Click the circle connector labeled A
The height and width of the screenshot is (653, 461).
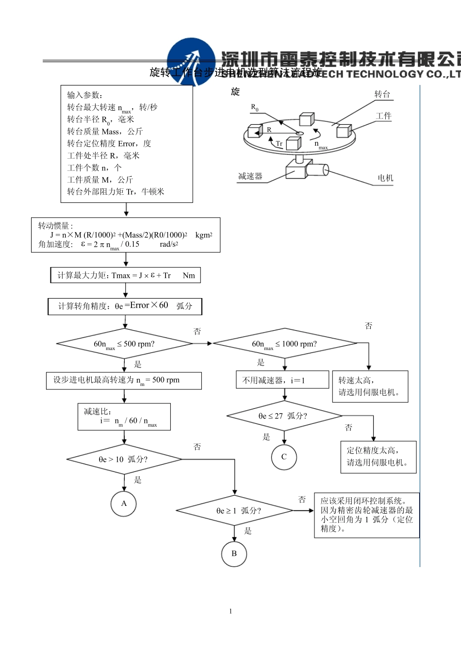click(x=124, y=503)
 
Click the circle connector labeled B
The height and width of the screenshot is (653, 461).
click(x=234, y=553)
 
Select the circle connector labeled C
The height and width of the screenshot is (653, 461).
click(x=284, y=457)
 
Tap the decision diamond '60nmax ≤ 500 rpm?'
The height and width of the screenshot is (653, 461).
click(x=125, y=344)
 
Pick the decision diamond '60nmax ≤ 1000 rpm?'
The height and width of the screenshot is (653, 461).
click(x=285, y=344)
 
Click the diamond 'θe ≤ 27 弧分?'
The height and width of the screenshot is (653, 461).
click(x=284, y=416)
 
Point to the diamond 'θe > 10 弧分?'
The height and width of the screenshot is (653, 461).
click(x=124, y=459)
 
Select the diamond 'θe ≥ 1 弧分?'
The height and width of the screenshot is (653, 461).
click(x=234, y=510)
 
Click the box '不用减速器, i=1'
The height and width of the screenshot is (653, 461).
click(x=282, y=380)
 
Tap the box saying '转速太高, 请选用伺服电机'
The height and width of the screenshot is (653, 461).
click(x=370, y=386)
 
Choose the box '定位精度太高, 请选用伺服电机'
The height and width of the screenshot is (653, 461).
click(x=378, y=456)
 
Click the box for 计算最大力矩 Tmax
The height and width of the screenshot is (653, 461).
click(x=125, y=275)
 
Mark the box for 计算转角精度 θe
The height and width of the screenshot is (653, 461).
click(x=125, y=306)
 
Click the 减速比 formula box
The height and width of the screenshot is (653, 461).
click(x=124, y=417)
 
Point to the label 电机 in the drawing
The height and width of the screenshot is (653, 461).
click(x=385, y=178)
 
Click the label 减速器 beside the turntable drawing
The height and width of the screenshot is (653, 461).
click(x=250, y=176)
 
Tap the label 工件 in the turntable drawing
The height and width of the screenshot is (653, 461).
click(x=383, y=116)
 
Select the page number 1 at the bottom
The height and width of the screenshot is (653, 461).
click(x=230, y=611)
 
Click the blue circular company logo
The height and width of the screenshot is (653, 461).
click(x=191, y=62)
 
